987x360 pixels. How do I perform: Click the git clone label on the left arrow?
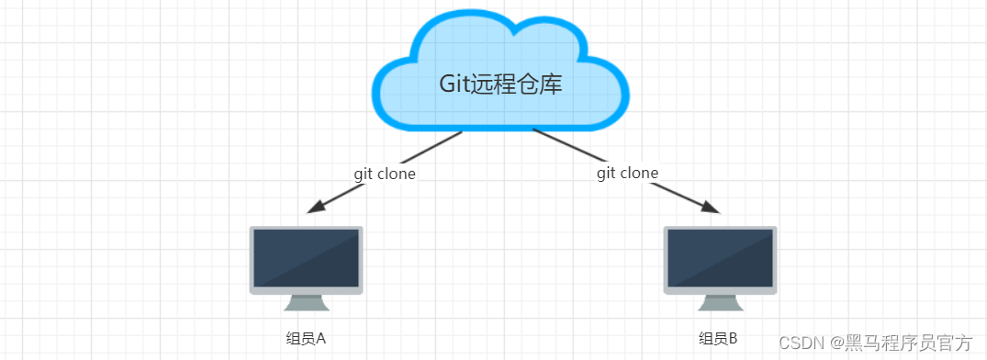(x=385, y=173)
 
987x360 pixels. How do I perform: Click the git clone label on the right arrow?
(x=627, y=173)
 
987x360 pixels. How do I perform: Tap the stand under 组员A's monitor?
(x=306, y=303)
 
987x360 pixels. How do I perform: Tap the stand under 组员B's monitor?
(x=720, y=303)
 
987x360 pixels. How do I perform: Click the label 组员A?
(x=306, y=338)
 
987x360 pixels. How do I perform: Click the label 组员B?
(x=718, y=338)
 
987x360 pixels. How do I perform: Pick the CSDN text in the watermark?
(x=798, y=343)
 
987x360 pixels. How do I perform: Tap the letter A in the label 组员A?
(x=321, y=338)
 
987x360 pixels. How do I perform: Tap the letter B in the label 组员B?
(x=733, y=338)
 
